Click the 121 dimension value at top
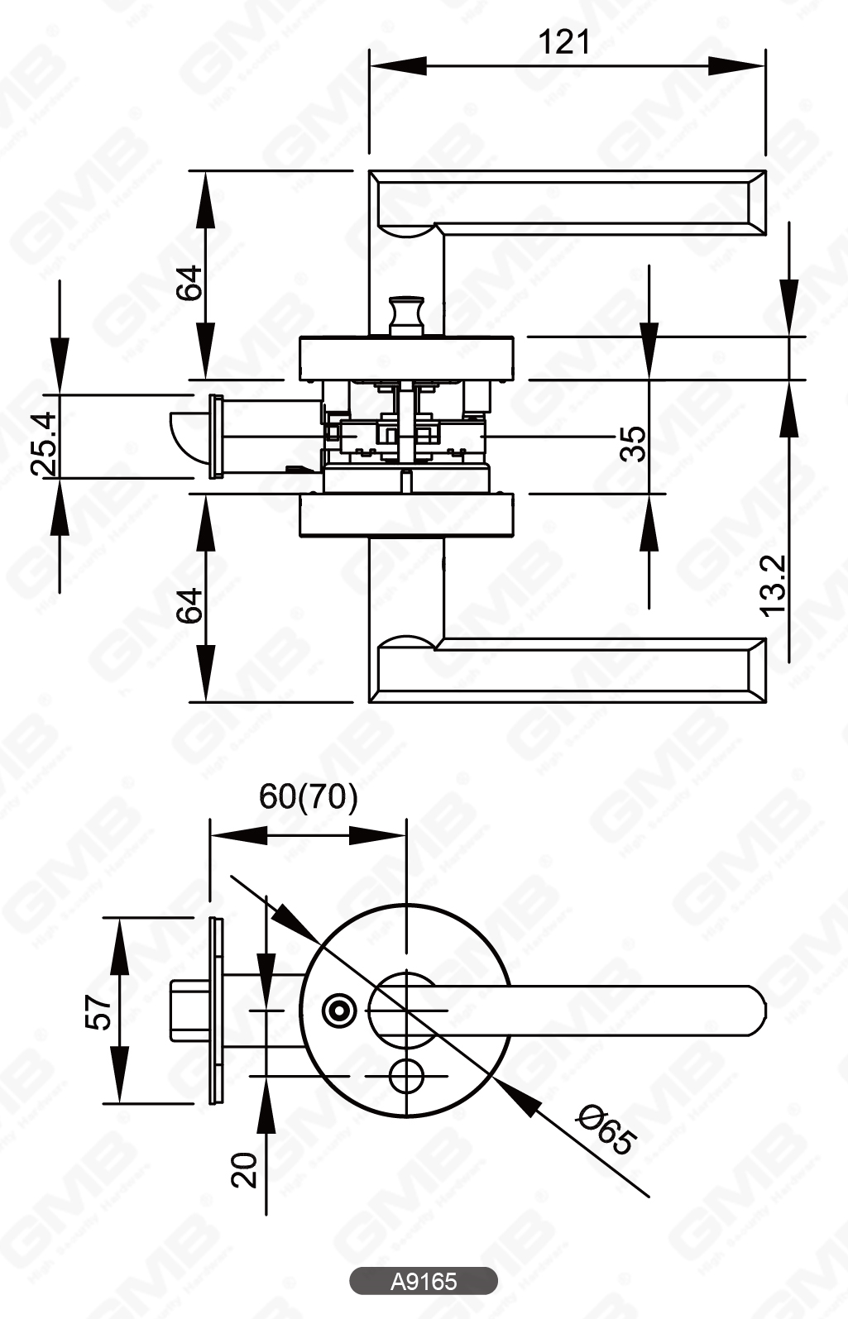(565, 41)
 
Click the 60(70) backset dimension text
(309, 796)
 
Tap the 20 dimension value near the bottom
(245, 1171)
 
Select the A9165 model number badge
(424, 1281)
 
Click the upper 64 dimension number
(189, 282)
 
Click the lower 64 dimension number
(189, 605)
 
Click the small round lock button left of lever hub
(338, 1010)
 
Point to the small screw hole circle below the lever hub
(405, 1076)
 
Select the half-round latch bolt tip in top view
(189, 435)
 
